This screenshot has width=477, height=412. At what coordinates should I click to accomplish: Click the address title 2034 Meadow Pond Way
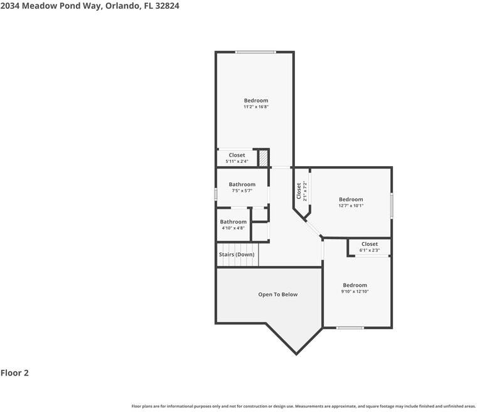85,6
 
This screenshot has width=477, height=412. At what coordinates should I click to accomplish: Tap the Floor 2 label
14,373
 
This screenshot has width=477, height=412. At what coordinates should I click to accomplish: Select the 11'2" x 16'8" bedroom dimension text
256,108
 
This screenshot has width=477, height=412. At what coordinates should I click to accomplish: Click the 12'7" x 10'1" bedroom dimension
351,206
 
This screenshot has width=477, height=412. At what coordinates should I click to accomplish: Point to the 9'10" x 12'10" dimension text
355,292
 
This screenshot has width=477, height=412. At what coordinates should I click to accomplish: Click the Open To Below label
278,294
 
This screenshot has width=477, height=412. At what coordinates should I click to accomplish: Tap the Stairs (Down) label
237,255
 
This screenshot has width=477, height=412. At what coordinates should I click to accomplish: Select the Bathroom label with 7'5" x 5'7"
242,184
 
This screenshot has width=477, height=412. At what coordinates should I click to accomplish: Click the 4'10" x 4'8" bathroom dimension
233,228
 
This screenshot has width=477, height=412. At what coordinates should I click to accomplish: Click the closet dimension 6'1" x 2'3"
370,250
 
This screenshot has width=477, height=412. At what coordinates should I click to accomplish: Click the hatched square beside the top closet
264,158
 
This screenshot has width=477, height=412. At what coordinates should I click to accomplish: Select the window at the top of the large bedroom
255,52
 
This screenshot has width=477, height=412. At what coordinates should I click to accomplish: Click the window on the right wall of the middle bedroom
392,206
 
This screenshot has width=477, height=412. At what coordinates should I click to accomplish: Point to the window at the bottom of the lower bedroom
350,328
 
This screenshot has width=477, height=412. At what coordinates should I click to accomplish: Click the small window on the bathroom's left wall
216,194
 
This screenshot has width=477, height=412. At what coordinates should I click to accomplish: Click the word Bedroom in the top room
256,101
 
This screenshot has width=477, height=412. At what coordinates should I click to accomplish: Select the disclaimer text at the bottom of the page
304,406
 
